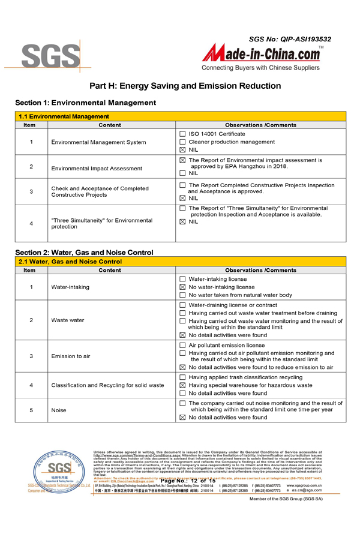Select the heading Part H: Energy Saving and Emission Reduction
click(180, 86)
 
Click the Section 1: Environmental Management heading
click(85, 103)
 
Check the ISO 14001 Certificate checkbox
click(182, 134)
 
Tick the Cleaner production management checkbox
click(182, 142)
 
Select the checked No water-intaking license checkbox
click(182, 287)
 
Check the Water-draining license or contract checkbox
click(182, 305)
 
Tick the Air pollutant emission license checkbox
click(182, 346)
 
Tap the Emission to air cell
click(71, 356)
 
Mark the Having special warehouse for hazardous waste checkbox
click(182, 385)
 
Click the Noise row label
click(59, 410)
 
